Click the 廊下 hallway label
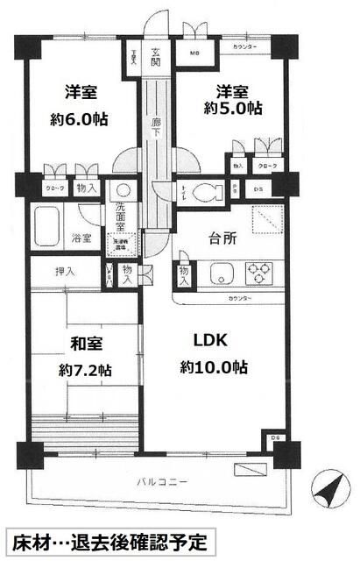[155, 128]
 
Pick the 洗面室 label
[122, 214]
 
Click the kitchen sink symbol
[219, 273]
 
